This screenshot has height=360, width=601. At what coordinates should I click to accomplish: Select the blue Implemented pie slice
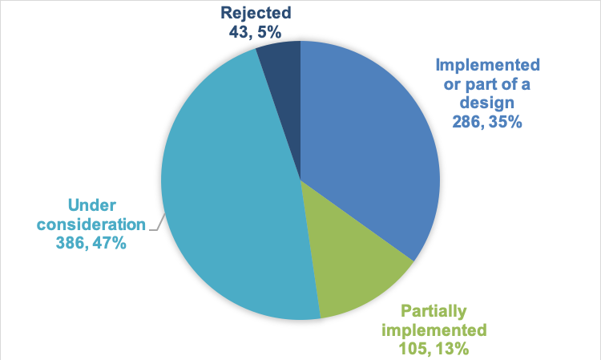click(369, 144)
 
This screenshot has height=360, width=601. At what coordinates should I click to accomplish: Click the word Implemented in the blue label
click(487, 65)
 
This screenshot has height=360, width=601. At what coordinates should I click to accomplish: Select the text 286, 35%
click(487, 123)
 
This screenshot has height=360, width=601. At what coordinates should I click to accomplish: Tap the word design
click(488, 104)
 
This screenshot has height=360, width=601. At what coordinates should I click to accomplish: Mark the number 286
click(466, 123)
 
